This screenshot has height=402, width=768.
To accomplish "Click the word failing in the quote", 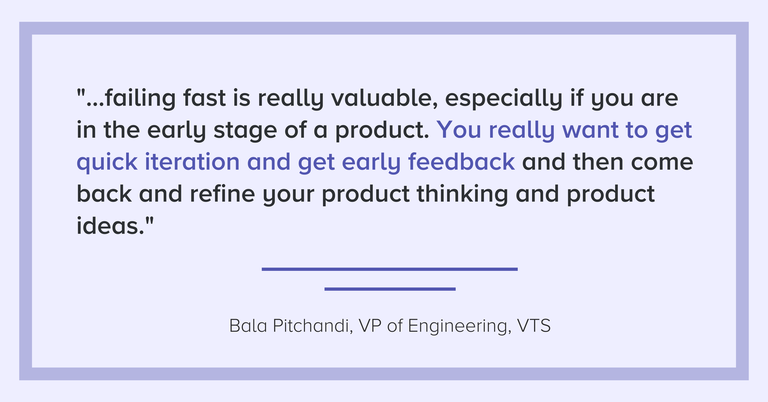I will pos(140,98).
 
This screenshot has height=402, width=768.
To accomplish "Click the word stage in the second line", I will pos(245,131).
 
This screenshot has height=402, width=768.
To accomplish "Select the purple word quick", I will pos(107,162).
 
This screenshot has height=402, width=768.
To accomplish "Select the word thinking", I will pos(462,194).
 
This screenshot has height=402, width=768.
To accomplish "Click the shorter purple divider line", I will pos(390,289).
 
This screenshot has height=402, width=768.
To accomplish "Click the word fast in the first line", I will pos(204,98).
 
